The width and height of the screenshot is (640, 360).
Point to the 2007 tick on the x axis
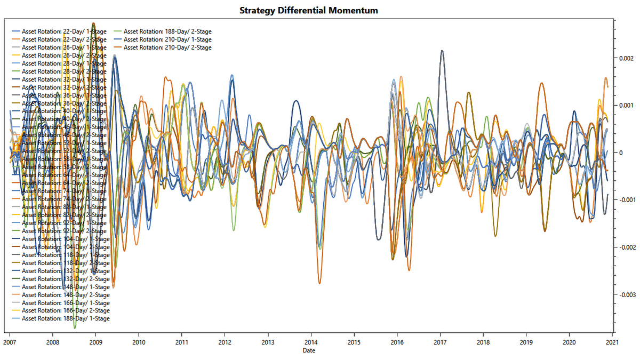coord(10,341)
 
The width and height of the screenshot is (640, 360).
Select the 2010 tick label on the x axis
coord(139,341)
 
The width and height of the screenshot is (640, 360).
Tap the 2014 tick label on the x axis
coord(311,341)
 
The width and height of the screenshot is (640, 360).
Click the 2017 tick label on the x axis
coord(440,341)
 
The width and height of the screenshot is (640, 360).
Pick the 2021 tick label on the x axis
coord(612,341)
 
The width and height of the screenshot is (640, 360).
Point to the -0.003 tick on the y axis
coord(625,294)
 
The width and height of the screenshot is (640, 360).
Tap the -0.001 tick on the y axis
coord(625,200)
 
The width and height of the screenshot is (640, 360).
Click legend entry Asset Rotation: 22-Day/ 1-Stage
coord(64,31)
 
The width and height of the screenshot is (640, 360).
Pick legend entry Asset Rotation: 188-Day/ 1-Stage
coord(66,318)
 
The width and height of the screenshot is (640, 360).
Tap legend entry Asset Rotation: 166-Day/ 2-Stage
coord(66,310)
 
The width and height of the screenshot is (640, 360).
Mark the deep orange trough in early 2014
coord(319,283)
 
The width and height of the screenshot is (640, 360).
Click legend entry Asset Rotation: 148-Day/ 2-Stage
coord(66,294)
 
